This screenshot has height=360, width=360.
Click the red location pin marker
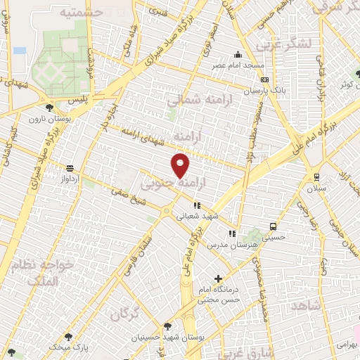tap(181, 165)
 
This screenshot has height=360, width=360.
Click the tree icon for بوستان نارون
tap(49, 108)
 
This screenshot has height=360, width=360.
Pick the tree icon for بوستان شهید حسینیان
tap(167, 326)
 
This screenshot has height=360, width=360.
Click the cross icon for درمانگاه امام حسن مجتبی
tap(218, 279)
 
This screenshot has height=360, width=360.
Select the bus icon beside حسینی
tap(273, 227)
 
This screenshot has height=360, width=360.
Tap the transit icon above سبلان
tap(316, 177)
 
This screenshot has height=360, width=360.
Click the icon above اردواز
tap(70, 169)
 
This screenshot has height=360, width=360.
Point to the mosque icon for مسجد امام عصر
tap(238, 56)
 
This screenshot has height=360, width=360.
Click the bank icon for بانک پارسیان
tap(265, 81)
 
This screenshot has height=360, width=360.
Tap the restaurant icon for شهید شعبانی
tap(197, 205)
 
